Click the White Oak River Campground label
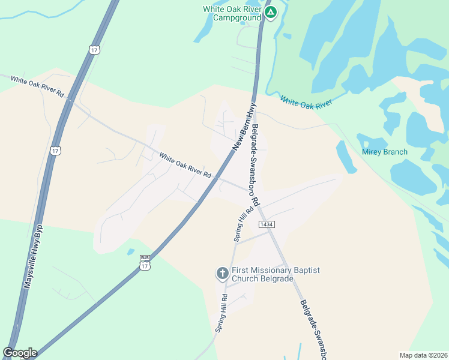point(232,13)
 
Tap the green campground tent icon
point(271,11)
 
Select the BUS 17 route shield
point(145,262)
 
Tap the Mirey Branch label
point(384,152)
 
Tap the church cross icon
point(222,274)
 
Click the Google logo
point(20,352)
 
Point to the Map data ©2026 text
point(423,355)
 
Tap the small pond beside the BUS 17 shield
point(130,252)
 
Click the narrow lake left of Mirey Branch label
point(346,157)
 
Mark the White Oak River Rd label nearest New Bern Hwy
point(185,166)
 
